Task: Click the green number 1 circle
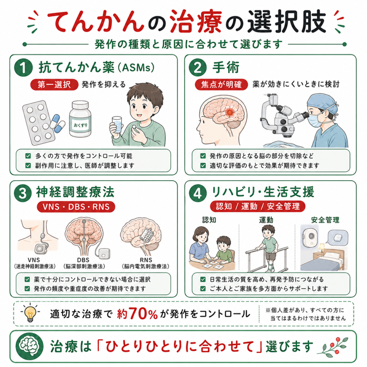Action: point(23,68)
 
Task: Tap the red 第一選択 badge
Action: point(54,85)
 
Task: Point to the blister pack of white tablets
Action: point(39,123)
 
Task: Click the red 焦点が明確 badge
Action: point(221,85)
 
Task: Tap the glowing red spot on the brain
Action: point(230,113)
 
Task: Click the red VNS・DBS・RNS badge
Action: point(76,207)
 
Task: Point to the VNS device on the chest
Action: point(41,249)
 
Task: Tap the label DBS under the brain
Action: point(83,260)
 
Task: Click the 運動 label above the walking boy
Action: point(266,220)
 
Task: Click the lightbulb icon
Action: point(30,314)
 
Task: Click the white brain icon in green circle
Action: point(29,346)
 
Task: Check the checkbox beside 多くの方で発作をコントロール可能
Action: point(28,156)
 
